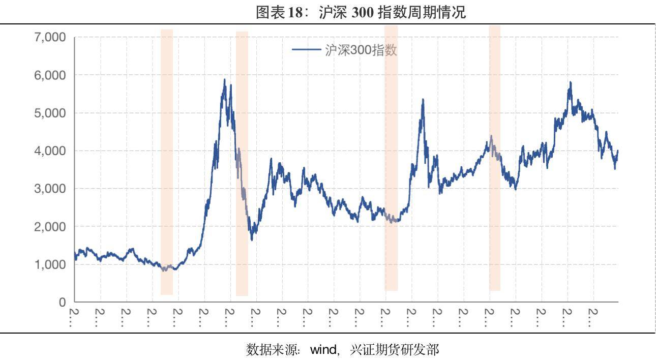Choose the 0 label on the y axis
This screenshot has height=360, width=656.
coord(63,302)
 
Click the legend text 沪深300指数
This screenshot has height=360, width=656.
coord(361,50)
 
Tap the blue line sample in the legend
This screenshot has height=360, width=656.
coord(306,50)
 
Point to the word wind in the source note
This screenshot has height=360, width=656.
coord(323,349)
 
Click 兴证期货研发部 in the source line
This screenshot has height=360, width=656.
coord(395,349)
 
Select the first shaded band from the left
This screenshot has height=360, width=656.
coord(167,162)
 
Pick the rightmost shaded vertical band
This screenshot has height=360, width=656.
coord(495,158)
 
